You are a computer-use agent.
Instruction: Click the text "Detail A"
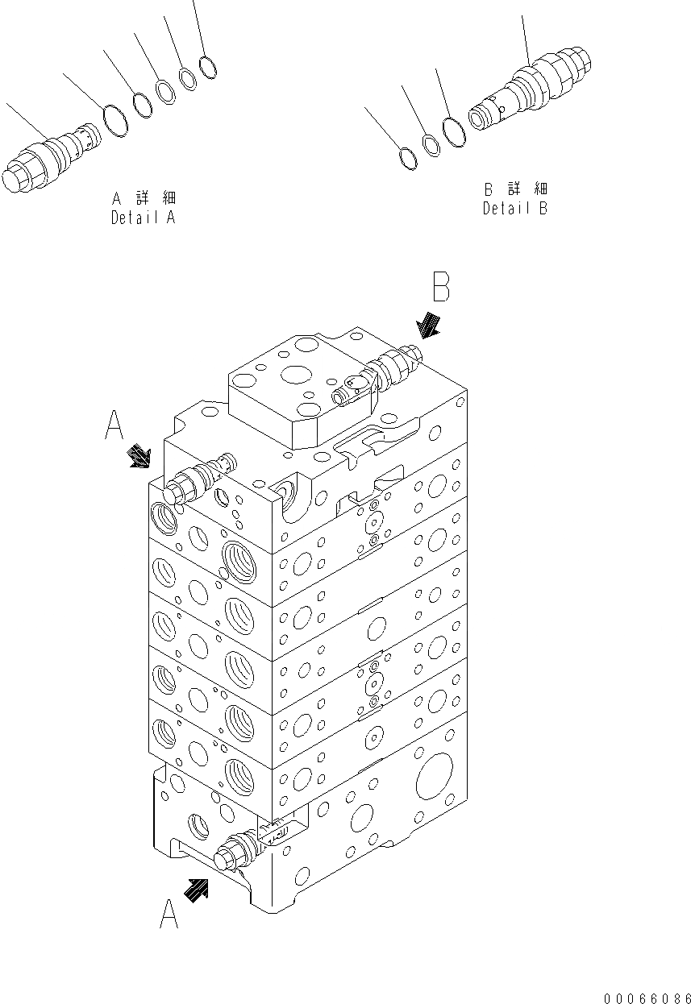[x=143, y=218]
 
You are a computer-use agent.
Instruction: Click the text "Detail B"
[x=515, y=209]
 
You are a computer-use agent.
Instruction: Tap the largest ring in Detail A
[x=116, y=121]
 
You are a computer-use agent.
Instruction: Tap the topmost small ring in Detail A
[x=208, y=68]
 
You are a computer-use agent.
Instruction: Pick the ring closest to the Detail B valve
[x=454, y=133]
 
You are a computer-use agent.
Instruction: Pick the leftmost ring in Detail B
[x=409, y=158]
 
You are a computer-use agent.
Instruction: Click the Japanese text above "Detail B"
[x=515, y=189]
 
